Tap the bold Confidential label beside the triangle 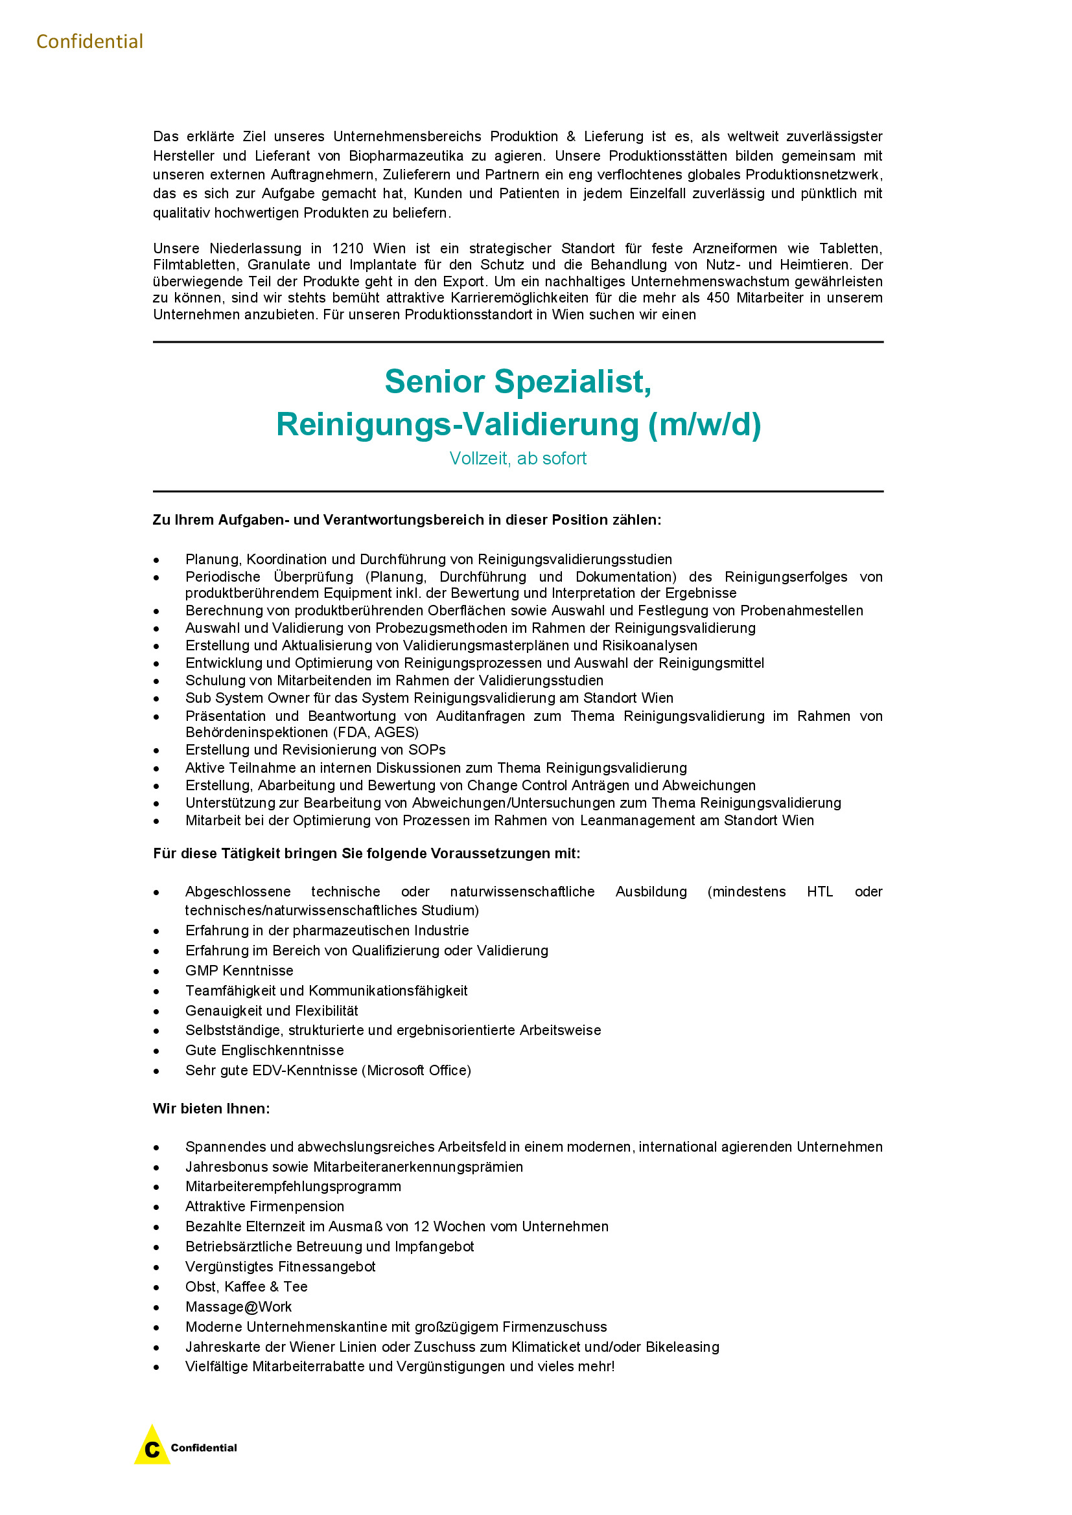coord(204,1448)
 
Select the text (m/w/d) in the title coord(705,424)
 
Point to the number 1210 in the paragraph coord(347,249)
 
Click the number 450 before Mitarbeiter coord(717,297)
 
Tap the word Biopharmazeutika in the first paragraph coord(406,155)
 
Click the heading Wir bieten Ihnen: coord(211,1108)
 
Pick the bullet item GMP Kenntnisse coord(239,971)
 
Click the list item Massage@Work coord(239,1306)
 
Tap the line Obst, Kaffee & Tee coord(246,1287)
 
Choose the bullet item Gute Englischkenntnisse coord(264,1051)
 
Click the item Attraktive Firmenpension coord(264,1206)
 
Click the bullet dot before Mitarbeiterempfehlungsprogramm coord(156,1187)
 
